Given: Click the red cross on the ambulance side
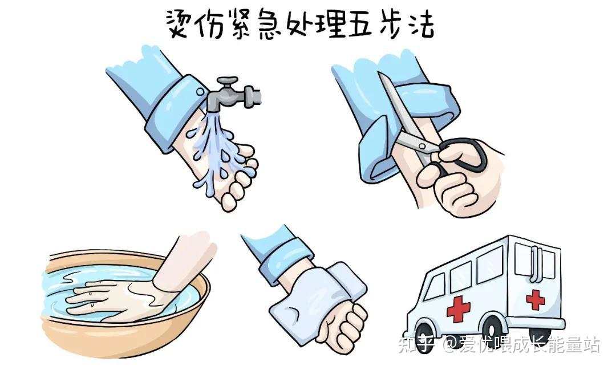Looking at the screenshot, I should click(x=458, y=308).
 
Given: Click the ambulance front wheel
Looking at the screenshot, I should click(x=425, y=338).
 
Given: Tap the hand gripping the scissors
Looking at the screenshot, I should click(x=456, y=182).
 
